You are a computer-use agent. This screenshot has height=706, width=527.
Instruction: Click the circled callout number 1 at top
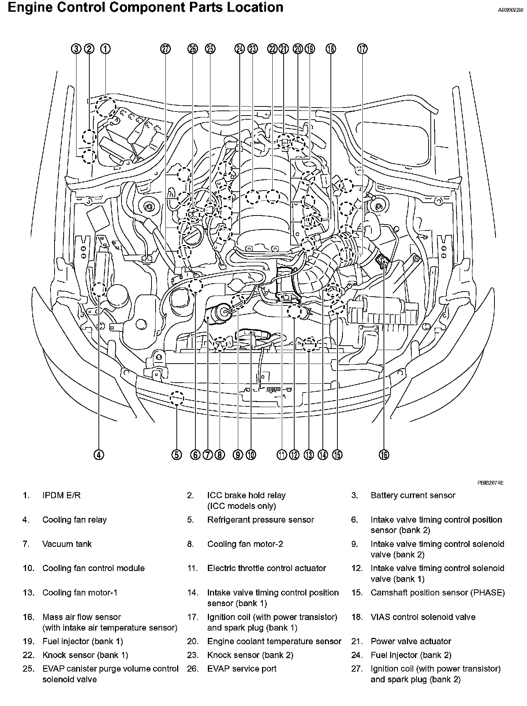point(105,49)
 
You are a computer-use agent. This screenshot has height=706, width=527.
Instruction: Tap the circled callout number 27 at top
point(166,49)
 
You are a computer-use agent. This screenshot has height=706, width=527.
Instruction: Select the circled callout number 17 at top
point(362,49)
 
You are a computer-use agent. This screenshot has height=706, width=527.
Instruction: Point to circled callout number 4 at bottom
point(99,455)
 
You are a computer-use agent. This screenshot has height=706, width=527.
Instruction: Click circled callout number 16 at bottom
point(384,455)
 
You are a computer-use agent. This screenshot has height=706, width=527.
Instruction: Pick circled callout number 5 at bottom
point(176,455)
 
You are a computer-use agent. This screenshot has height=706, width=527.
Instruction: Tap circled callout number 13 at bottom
point(309,455)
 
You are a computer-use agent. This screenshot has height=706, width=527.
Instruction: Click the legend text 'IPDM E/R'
point(61,495)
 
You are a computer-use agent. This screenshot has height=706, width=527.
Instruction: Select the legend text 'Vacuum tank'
point(67,544)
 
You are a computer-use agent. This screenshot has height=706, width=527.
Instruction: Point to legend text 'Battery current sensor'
point(413,495)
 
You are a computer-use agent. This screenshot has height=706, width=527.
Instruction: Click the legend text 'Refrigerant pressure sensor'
point(261,520)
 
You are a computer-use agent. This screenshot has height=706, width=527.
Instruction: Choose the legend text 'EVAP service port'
point(242,669)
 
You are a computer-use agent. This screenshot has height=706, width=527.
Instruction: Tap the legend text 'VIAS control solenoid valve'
point(423,617)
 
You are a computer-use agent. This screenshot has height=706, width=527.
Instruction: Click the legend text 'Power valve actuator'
point(411,641)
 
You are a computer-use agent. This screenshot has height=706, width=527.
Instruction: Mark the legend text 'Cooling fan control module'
point(93,568)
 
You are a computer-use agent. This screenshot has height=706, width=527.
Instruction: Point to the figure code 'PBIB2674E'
point(490,483)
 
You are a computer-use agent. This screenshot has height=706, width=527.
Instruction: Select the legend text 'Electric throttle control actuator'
point(266,568)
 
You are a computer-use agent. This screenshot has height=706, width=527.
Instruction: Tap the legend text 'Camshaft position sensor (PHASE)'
point(437,593)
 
